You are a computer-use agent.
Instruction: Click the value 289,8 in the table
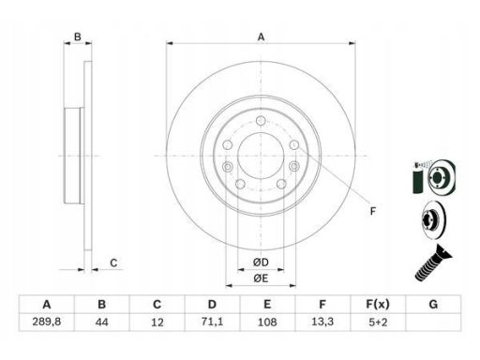[47, 322]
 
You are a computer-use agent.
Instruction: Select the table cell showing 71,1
[212, 322]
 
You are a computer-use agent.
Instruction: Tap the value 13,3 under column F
[322, 322]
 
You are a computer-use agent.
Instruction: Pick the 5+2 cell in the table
[378, 322]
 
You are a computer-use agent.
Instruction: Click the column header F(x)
[378, 304]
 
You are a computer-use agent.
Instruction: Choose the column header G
[433, 304]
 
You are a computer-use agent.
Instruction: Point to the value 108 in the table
[267, 322]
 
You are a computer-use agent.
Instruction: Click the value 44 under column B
[102, 322]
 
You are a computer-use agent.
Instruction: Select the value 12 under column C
[157, 322]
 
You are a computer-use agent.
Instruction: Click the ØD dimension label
[261, 262]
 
